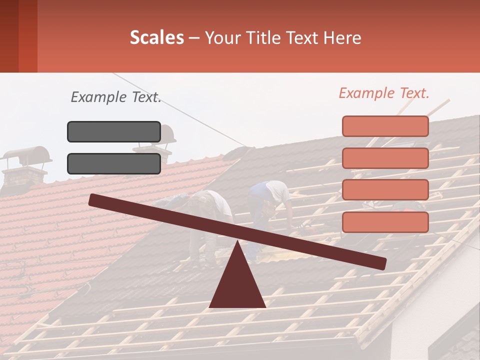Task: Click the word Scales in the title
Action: click(156, 37)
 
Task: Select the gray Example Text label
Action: click(116, 97)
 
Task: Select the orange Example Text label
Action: click(384, 93)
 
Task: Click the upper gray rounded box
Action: click(114, 131)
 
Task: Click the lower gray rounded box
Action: click(114, 163)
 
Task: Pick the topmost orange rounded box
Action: click(385, 126)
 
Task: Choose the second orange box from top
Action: click(385, 158)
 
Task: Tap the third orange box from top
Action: click(385, 190)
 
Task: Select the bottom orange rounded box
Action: click(385, 222)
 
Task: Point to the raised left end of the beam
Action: click(95, 200)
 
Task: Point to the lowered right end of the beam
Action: click(381, 263)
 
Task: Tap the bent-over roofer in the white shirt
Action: click(210, 210)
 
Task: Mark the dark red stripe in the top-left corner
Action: click(27, 36)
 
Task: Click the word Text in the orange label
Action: click(413, 93)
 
